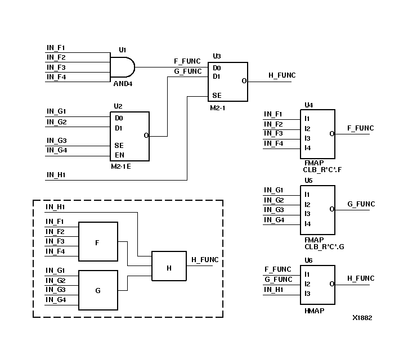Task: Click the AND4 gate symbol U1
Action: [x=122, y=67]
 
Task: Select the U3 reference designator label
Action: [x=217, y=56]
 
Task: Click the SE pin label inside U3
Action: [x=217, y=96]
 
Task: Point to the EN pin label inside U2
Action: [x=119, y=155]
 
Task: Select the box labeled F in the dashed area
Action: [x=98, y=242]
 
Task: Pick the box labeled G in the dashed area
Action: [x=98, y=290]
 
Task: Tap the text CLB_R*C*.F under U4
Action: [x=321, y=168]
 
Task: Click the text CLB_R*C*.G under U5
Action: [x=321, y=245]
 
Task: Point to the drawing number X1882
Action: [x=362, y=318]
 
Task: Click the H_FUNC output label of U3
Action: [x=282, y=75]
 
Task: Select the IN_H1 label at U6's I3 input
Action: [x=274, y=290]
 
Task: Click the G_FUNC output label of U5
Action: [x=361, y=204]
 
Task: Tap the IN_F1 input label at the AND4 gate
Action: [x=56, y=48]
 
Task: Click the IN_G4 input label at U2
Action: [x=56, y=150]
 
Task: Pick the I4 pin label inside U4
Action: [x=307, y=148]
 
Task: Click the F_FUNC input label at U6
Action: [x=278, y=269]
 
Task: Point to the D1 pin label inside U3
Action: [x=217, y=76]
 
